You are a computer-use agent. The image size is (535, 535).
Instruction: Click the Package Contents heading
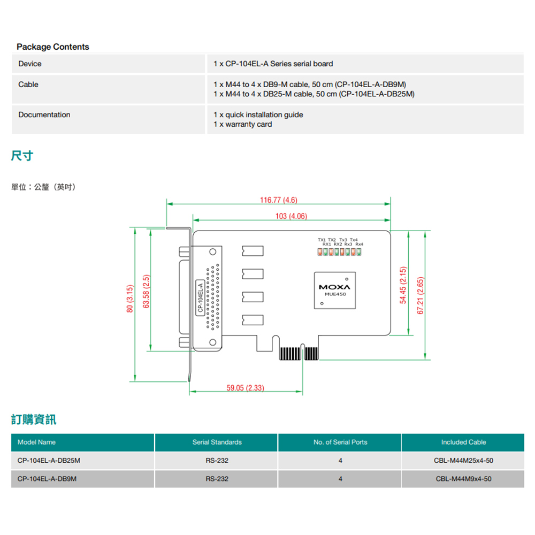tap(53, 47)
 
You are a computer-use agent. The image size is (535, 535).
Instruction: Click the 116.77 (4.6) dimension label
tap(278, 200)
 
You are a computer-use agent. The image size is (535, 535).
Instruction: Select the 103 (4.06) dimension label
tap(291, 216)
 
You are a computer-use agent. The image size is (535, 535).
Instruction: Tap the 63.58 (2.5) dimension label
tap(146, 292)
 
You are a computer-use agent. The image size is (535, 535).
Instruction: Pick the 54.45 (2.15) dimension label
tap(403, 285)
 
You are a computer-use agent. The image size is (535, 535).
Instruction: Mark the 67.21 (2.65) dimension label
tap(421, 295)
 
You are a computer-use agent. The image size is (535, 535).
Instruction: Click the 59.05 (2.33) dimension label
tap(246, 388)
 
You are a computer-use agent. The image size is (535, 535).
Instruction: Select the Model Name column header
tap(36, 442)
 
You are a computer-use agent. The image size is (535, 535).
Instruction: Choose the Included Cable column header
tap(463, 442)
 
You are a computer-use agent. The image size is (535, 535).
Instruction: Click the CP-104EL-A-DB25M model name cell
tap(45, 461)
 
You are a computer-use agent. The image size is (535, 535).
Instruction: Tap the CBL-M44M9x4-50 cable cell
tap(463, 479)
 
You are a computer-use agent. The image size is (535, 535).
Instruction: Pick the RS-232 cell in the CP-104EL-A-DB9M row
tap(217, 479)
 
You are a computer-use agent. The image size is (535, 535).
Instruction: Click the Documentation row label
tap(44, 115)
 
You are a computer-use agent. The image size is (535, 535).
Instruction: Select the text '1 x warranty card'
tap(243, 125)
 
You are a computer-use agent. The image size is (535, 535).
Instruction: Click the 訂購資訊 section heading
tap(34, 419)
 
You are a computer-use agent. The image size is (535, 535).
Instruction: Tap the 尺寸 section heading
tap(22, 156)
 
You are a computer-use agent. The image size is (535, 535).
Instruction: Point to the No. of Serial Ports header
tap(340, 442)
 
